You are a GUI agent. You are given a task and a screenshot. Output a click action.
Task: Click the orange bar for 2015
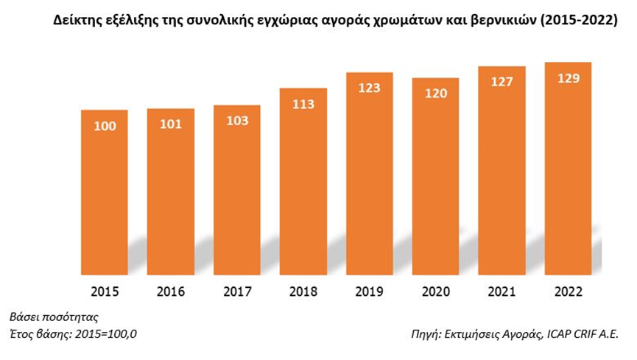[104, 199]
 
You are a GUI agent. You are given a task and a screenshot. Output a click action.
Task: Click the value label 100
[105, 126]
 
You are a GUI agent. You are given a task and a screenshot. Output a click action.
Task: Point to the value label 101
[171, 124]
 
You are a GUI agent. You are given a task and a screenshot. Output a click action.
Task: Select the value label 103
[237, 121]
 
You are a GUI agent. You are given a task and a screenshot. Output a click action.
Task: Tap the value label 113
[303, 104]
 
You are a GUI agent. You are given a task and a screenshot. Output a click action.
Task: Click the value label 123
[369, 88]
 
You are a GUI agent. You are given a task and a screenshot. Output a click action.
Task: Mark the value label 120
[435, 93]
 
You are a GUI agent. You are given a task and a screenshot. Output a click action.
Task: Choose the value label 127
[501, 82]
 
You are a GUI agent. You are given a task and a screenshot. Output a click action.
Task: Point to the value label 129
[567, 78]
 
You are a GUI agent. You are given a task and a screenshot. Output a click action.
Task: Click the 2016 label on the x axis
[171, 292]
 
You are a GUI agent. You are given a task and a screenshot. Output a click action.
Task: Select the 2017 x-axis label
[237, 292]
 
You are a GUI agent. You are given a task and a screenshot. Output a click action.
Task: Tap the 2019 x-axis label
[369, 292]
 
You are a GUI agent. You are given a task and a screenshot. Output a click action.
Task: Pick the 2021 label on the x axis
[501, 292]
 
